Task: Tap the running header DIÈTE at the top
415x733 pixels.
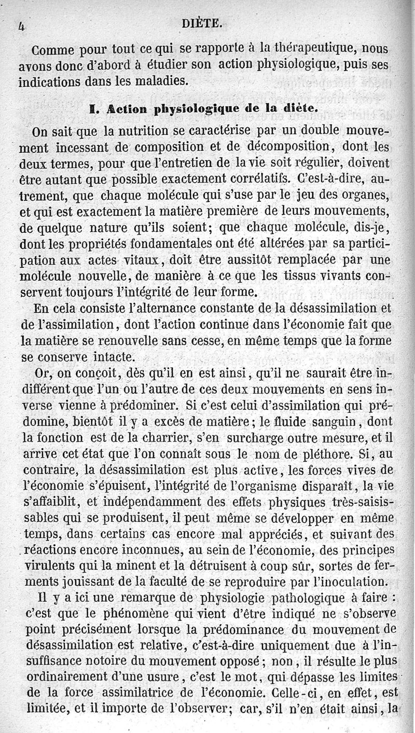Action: coord(202,23)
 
